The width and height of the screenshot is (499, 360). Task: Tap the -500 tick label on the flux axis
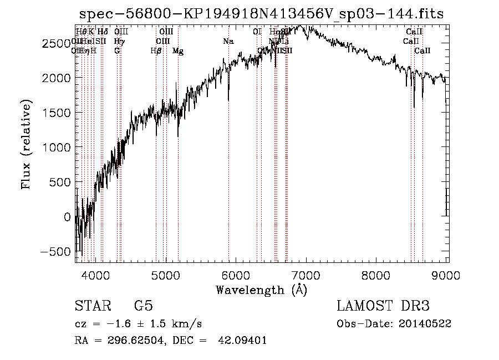tap(53, 252)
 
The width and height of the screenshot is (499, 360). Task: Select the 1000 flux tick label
tap(55, 148)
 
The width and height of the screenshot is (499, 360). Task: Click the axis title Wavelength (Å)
tap(261, 290)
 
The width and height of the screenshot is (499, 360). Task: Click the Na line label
tap(228, 42)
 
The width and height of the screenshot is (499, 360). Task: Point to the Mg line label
tap(178, 51)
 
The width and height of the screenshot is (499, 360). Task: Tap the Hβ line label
tap(156, 51)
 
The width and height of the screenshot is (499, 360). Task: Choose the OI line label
tap(257, 32)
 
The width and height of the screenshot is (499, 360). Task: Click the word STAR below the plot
tap(93, 306)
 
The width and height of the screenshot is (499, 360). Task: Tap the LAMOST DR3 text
tap(383, 306)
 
